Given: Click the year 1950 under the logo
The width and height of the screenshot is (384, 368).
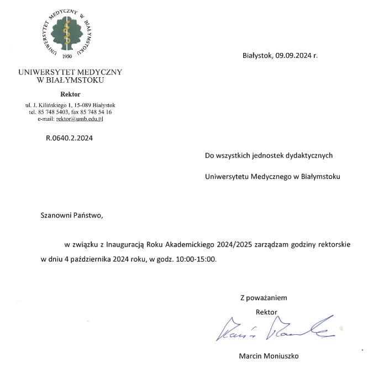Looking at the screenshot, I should click(x=67, y=56).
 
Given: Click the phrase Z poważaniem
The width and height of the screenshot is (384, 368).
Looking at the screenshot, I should click(x=264, y=297).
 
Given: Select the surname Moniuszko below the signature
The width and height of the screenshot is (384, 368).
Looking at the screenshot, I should click(x=281, y=356).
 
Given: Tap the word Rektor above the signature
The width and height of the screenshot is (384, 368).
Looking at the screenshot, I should click(x=266, y=312).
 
